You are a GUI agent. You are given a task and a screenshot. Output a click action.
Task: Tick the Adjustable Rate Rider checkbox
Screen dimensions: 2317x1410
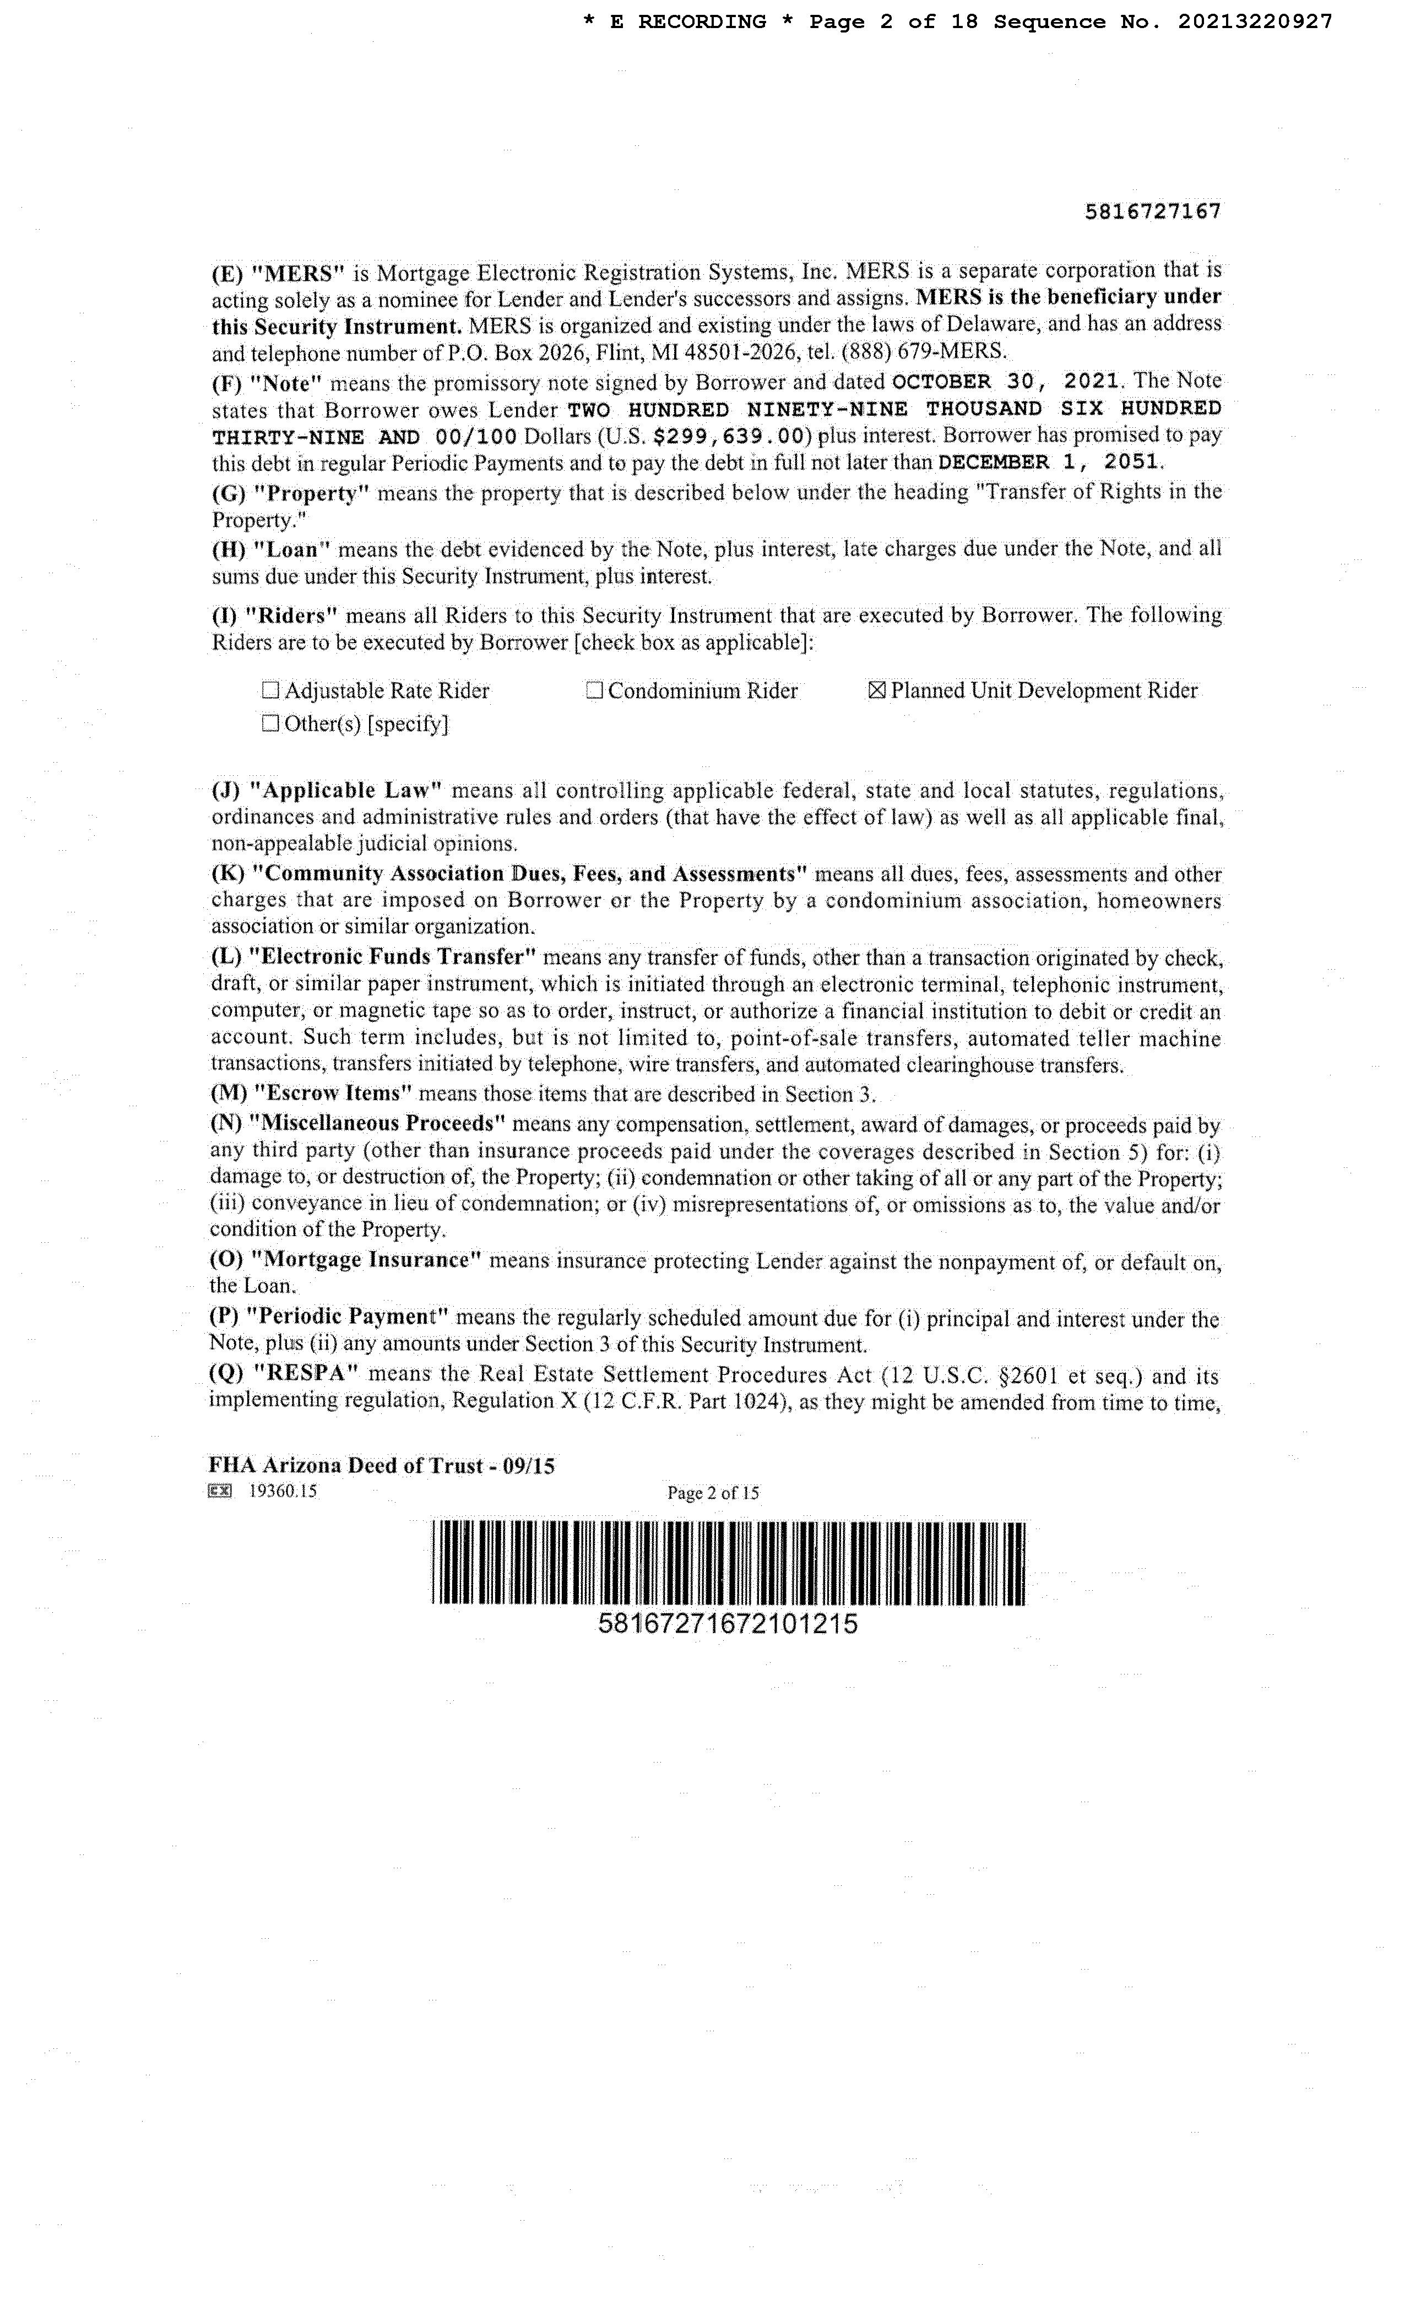coord(271,691)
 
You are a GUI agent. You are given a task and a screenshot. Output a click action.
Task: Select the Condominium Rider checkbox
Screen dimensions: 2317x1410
coord(594,691)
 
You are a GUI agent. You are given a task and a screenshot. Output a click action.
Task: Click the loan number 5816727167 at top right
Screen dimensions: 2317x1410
coord(1152,211)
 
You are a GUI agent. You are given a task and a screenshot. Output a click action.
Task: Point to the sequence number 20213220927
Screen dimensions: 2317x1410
coord(1254,21)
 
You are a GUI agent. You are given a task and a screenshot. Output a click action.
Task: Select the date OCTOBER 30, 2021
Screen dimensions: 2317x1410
coord(1006,382)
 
